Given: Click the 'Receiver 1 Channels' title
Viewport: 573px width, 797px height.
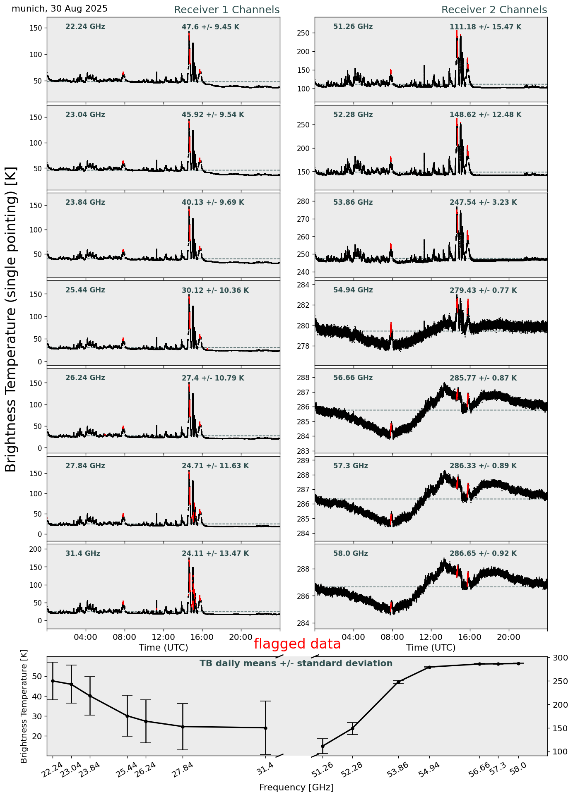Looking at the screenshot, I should (226, 10).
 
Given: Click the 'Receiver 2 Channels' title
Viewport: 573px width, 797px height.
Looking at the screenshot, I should (494, 10).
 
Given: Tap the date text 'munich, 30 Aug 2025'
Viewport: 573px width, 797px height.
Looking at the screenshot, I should (60, 9).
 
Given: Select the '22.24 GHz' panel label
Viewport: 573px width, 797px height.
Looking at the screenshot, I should (85, 27).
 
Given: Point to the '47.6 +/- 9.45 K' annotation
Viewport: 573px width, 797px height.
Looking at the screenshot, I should (210, 27).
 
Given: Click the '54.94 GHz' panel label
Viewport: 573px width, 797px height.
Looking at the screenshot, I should (353, 290).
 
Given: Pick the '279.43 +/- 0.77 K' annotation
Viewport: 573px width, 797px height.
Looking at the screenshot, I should (483, 291).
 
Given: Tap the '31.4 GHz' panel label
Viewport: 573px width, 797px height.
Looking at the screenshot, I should (83, 553).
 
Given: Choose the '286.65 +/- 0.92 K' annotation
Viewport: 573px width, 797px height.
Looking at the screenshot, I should (483, 554).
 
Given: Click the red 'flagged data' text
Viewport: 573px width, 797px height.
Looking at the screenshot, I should (297, 644).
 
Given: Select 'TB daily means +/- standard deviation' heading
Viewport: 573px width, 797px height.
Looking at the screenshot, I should (296, 663).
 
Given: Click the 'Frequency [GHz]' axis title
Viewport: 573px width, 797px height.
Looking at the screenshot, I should (296, 787).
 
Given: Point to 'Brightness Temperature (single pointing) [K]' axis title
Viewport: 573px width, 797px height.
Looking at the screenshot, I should (11, 319).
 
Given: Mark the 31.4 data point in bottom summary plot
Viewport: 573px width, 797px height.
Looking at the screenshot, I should (265, 728).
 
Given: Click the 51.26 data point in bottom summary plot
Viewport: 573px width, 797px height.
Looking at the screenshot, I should (323, 746).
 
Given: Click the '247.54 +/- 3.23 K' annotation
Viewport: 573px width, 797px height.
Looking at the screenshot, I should (483, 203).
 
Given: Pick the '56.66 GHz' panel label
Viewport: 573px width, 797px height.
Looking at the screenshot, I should (353, 378).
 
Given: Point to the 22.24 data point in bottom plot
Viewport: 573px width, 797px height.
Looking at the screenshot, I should (53, 681).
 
